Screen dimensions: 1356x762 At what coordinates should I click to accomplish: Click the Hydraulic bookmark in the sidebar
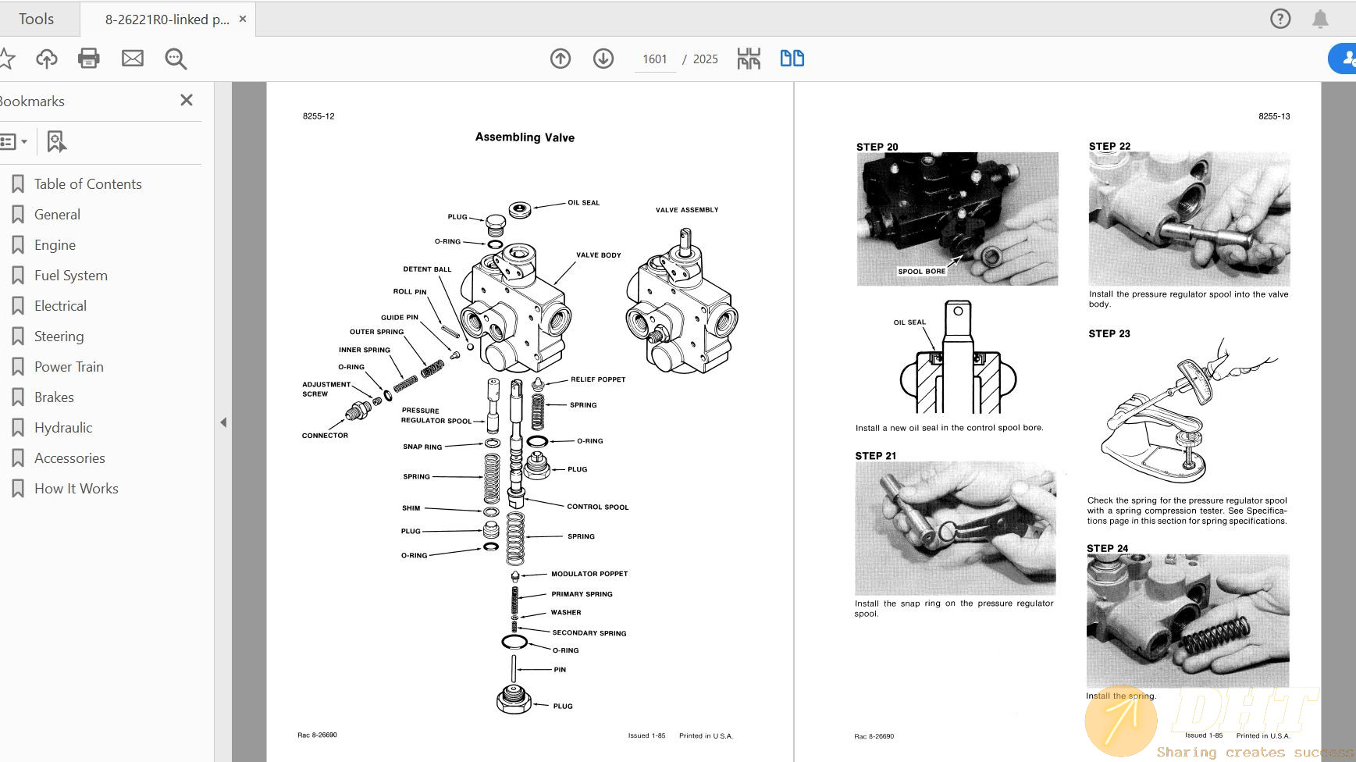pyautogui.click(x=63, y=428)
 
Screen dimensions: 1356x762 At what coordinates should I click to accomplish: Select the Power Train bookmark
pyautogui.click(x=69, y=367)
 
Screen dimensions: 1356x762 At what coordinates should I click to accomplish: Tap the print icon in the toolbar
pyautogui.click(x=89, y=59)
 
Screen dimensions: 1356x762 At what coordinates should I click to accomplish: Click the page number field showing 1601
pyautogui.click(x=654, y=59)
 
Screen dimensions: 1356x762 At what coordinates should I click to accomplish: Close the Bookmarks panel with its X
pyautogui.click(x=187, y=100)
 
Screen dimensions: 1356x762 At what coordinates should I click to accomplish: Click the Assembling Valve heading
pyautogui.click(x=525, y=137)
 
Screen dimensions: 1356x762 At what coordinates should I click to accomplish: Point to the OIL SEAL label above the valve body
pyautogui.click(x=583, y=203)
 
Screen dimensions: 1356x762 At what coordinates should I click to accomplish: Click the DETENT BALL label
pyautogui.click(x=427, y=269)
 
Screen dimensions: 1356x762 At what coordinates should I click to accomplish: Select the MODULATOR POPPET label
pyautogui.click(x=589, y=574)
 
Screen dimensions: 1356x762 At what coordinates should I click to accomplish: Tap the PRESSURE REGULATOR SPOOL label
pyautogui.click(x=436, y=415)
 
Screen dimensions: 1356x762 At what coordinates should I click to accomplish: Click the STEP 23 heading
pyautogui.click(x=1109, y=333)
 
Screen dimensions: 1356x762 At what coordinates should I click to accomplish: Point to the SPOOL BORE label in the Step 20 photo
pyautogui.click(x=921, y=272)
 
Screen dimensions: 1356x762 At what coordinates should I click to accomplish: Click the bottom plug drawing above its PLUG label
pyautogui.click(x=514, y=699)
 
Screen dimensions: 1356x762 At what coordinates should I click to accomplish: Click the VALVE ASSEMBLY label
pyautogui.click(x=687, y=210)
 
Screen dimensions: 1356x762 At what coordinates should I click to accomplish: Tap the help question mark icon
pyautogui.click(x=1280, y=19)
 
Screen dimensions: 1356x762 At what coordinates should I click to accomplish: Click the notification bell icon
pyautogui.click(x=1320, y=19)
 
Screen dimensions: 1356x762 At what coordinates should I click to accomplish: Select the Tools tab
pyautogui.click(x=37, y=19)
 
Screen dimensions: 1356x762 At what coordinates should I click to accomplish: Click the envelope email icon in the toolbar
pyautogui.click(x=133, y=59)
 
